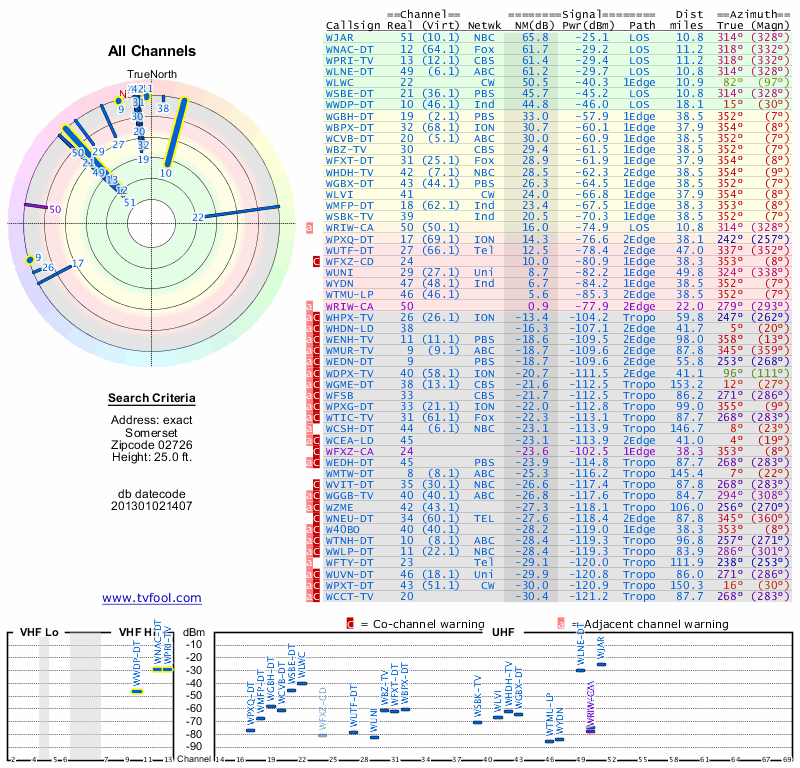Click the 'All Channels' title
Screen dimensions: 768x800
pos(152,52)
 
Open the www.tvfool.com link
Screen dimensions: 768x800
pos(152,598)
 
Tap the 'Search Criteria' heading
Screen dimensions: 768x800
pos(152,400)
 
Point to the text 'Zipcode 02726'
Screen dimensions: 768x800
pos(152,444)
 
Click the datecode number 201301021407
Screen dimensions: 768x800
pos(152,506)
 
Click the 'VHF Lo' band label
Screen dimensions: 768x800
pos(36,633)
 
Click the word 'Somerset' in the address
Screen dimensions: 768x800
pos(152,431)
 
